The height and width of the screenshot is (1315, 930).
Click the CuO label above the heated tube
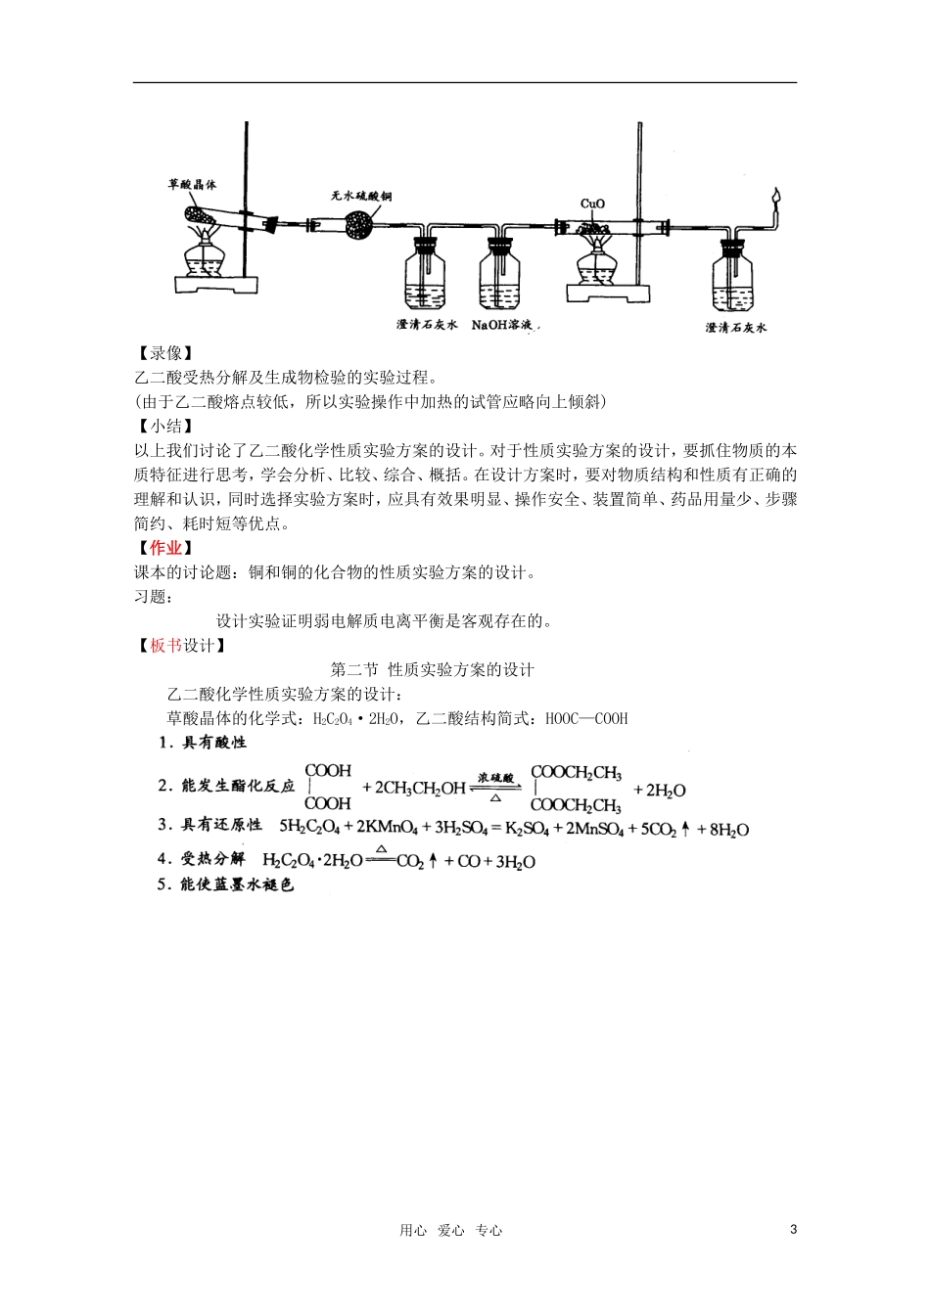(x=592, y=204)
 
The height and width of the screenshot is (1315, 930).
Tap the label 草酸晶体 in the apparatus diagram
(x=192, y=183)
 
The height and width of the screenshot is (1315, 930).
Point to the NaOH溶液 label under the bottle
(x=506, y=324)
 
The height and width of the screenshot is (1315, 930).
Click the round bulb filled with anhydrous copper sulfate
(x=357, y=227)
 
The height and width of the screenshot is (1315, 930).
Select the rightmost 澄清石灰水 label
(x=735, y=328)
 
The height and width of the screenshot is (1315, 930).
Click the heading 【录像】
(x=163, y=352)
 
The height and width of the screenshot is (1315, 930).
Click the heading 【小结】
(x=163, y=426)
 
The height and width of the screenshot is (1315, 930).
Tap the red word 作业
(x=164, y=548)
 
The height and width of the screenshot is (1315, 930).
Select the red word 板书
(x=164, y=646)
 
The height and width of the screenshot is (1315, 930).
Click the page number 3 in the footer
(x=793, y=1230)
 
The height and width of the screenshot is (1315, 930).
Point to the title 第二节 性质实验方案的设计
(x=433, y=670)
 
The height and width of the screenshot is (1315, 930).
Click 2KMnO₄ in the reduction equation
(x=387, y=829)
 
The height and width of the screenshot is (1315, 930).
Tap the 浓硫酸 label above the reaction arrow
(x=496, y=778)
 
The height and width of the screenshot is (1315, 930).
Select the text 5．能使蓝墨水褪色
(x=226, y=884)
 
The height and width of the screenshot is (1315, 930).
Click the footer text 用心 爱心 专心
(x=450, y=1231)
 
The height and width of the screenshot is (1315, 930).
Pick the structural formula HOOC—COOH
(x=586, y=718)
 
